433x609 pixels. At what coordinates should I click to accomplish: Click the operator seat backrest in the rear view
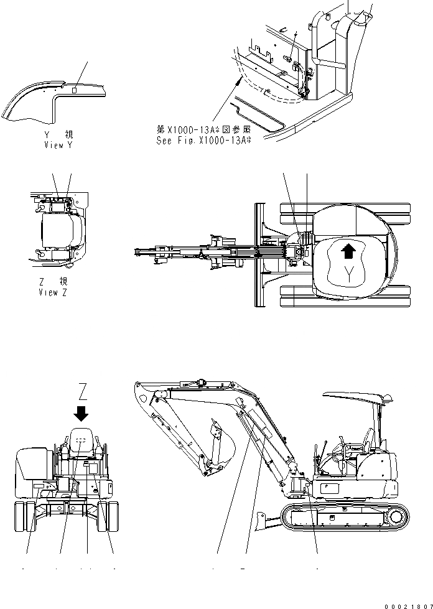[81, 441]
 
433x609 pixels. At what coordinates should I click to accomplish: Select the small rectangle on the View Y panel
[74, 90]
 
